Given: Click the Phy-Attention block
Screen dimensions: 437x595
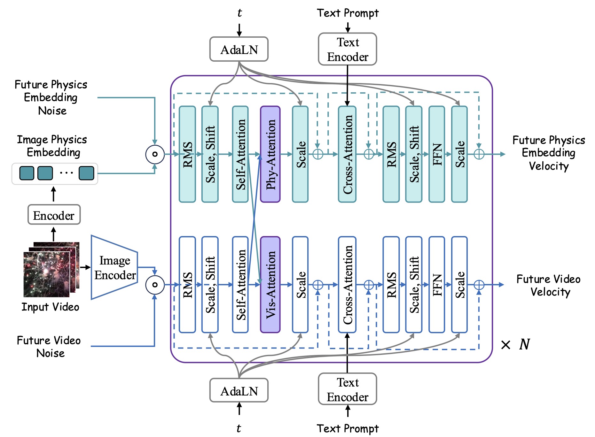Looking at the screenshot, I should click(270, 154).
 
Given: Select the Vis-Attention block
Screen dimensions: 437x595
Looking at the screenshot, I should click(270, 285).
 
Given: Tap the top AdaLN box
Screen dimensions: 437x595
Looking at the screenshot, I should click(239, 49).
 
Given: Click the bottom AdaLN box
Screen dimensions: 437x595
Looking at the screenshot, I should click(239, 390).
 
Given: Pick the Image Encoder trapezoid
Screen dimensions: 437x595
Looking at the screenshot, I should click(114, 267).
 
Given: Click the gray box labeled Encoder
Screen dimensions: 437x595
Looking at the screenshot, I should click(54, 215).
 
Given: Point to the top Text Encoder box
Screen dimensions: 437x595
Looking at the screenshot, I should click(347, 49).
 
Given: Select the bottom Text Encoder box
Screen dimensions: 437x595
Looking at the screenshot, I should click(347, 389).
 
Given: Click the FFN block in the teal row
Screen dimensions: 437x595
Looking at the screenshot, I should click(436, 154).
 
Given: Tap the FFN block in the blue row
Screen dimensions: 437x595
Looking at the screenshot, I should click(436, 285).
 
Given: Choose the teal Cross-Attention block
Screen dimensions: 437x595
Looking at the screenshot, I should click(347, 154).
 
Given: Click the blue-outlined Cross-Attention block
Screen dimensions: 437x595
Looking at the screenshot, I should click(347, 285).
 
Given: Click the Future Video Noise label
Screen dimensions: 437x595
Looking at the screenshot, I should click(49, 347).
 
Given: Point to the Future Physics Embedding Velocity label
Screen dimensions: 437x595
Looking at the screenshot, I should click(549, 153).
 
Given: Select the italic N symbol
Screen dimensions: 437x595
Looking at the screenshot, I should click(524, 344).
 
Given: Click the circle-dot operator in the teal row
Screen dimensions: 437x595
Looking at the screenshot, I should click(155, 154).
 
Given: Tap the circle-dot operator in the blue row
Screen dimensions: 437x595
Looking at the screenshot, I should click(155, 285).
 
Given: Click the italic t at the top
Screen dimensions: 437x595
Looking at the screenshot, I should click(239, 13).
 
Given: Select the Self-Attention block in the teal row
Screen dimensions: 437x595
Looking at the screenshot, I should click(240, 154).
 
